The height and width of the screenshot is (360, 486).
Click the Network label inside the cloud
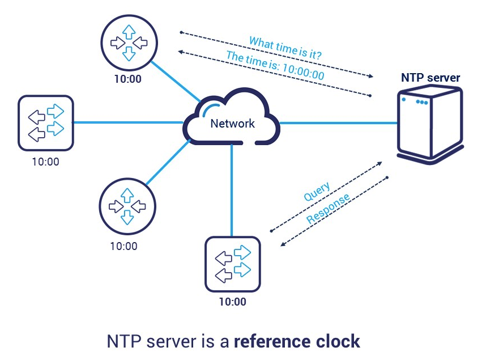[x=232, y=124]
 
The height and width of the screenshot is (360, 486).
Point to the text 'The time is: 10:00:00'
[x=275, y=66]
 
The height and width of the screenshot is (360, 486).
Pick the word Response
[x=328, y=210]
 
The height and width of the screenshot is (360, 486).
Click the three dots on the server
[x=421, y=103]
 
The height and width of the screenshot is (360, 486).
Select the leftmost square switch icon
[x=46, y=122]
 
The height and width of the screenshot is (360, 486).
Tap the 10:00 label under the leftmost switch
[x=45, y=162]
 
